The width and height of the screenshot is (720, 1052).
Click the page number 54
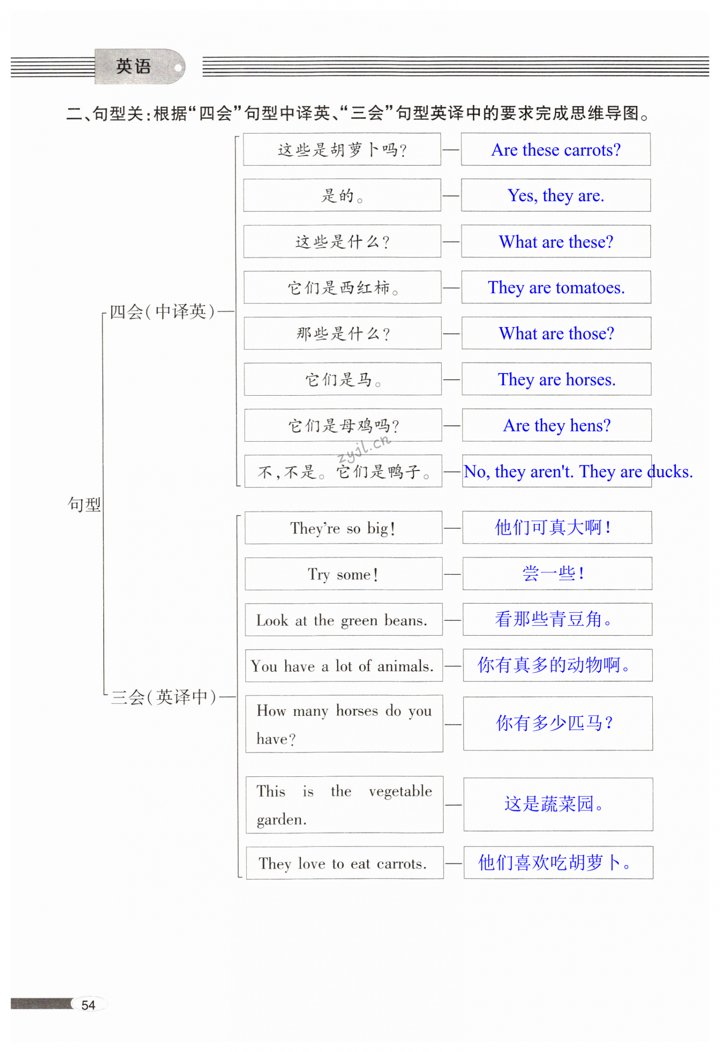[88, 1005]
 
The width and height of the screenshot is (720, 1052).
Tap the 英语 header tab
[134, 66]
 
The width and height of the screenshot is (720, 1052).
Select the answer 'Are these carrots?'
[556, 150]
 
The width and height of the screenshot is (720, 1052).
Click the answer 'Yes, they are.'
[556, 196]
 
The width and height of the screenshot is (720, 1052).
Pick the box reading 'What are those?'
[556, 333]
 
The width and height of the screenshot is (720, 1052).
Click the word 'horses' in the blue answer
[590, 380]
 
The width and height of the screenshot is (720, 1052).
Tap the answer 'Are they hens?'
[557, 425]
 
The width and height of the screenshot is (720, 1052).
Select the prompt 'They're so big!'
[343, 528]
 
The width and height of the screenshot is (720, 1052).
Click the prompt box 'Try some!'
[343, 574]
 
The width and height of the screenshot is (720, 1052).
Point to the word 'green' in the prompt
[359, 621]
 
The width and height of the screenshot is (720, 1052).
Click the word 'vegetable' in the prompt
[400, 791]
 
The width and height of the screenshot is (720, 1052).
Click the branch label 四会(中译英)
[162, 312]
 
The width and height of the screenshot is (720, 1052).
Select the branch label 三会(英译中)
[164, 697]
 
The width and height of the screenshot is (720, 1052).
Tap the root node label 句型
[84, 504]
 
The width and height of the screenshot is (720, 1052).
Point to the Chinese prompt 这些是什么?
[342, 242]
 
